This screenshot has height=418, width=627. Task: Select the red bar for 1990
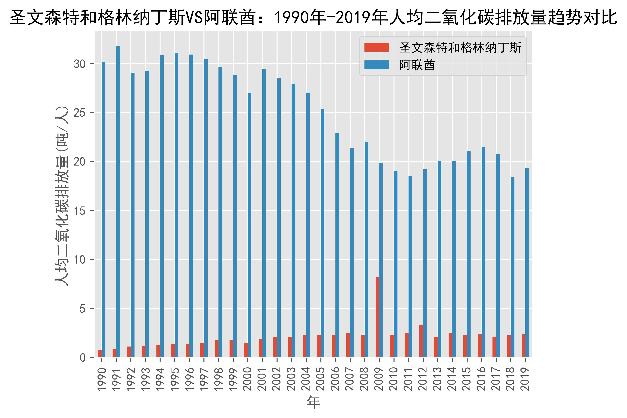[x=100, y=353]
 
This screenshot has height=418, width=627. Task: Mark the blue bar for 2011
[x=410, y=267]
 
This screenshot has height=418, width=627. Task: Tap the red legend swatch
[x=377, y=47]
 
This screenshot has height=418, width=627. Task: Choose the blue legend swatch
[x=377, y=65]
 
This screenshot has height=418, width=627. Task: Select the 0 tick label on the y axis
[x=83, y=357]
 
